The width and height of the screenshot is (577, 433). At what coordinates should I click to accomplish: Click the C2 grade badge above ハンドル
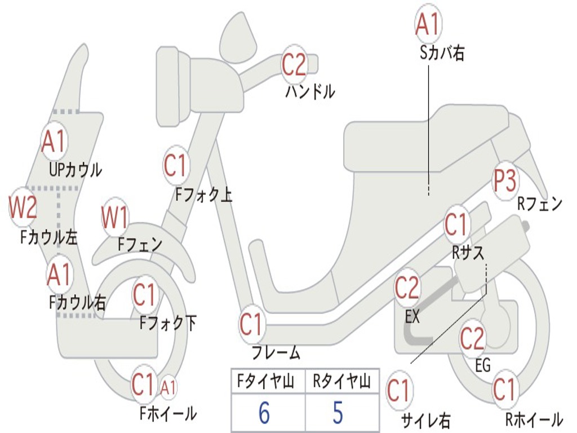point(294,65)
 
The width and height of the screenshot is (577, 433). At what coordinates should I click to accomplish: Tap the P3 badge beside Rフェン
point(505,180)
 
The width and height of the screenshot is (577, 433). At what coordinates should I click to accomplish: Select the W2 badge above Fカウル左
point(23,207)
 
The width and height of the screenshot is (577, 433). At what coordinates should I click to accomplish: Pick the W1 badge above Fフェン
point(115,218)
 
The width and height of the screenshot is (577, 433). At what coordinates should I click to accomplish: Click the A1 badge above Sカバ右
point(428,24)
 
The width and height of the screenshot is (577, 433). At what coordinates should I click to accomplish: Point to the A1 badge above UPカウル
point(54,142)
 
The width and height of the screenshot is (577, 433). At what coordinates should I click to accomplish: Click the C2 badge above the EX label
point(407,288)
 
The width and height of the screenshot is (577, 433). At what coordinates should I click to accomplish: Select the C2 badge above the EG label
point(473,338)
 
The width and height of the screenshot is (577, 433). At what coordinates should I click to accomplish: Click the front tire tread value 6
point(264,412)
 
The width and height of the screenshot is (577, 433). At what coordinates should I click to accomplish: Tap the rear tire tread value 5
point(338,412)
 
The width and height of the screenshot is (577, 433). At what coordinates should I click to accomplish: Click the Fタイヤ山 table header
point(266,381)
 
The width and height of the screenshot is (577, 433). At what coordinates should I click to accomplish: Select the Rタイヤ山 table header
point(341,381)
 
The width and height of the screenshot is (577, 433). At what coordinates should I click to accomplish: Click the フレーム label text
point(276,352)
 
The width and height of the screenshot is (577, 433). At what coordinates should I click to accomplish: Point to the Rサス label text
point(468,253)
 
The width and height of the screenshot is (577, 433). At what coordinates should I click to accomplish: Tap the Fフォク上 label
point(203,195)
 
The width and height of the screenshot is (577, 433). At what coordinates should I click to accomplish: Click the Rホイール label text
point(534,419)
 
